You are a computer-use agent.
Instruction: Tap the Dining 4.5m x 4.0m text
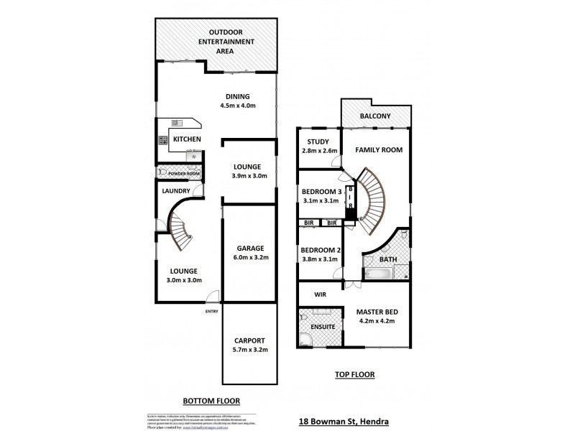click(x=237, y=101)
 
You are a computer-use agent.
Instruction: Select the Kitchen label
click(x=187, y=139)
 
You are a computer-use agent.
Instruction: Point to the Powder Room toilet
click(x=162, y=172)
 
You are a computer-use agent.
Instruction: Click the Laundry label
click(x=175, y=190)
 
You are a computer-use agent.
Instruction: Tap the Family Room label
click(x=379, y=150)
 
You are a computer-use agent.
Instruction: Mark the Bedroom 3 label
click(x=321, y=196)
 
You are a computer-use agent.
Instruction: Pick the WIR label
click(x=321, y=294)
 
